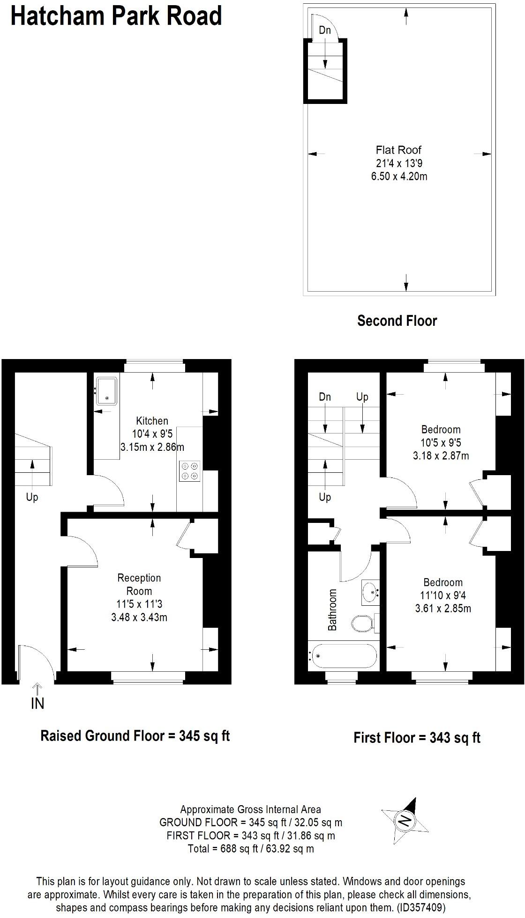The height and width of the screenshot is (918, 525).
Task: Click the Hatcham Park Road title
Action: [x=116, y=16]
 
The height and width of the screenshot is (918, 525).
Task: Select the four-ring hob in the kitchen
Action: [x=190, y=471]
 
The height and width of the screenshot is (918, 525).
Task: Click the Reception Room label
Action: [x=139, y=584]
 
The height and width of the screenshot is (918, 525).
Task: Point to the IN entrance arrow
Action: [x=37, y=698]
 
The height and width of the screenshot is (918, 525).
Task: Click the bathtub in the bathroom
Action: [x=343, y=656]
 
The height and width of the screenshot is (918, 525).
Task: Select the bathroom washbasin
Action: [x=370, y=592]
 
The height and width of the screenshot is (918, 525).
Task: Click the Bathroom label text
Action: [x=332, y=610]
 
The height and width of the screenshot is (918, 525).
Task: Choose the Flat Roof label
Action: [x=398, y=150]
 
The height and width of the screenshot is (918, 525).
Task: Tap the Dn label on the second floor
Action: [x=325, y=30]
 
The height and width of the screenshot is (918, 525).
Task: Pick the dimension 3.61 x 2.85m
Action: [x=443, y=609]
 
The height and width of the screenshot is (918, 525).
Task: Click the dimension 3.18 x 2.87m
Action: [x=441, y=455]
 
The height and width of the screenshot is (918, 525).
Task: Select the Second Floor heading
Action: [x=397, y=321]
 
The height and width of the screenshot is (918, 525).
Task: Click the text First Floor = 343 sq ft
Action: [x=417, y=738]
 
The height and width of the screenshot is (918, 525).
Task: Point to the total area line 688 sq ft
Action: [x=251, y=848]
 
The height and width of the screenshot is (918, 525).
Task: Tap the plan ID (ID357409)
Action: [x=421, y=908]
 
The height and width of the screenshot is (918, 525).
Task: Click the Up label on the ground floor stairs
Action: [x=32, y=497]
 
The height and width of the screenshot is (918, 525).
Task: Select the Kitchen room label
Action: [x=152, y=420]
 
